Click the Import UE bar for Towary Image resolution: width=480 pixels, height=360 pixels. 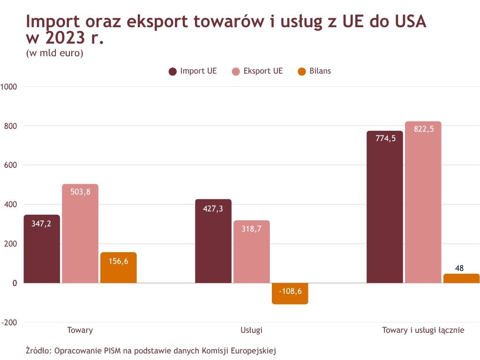click(42, 248)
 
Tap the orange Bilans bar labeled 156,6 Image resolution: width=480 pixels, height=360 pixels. click(118, 268)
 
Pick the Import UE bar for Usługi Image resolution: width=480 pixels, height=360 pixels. click(213, 241)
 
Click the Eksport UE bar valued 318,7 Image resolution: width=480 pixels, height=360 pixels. click(252, 252)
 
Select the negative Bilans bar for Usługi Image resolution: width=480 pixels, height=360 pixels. click(290, 293)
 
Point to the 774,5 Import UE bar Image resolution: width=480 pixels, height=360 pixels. click(384, 207)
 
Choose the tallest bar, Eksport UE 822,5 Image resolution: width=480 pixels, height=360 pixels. click(423, 202)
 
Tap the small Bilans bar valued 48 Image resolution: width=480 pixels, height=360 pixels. click(461, 278)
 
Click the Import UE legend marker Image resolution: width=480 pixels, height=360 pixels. click(172, 71)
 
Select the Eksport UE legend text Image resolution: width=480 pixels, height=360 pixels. click(263, 71)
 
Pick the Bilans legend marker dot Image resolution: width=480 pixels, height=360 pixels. click(302, 71)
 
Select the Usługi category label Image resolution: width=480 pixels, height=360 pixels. click(251, 330)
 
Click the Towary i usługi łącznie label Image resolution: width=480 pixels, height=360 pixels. click(423, 330)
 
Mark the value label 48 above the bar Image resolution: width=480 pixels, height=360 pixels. click(459, 269)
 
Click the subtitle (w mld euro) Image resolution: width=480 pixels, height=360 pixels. click(55, 53)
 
